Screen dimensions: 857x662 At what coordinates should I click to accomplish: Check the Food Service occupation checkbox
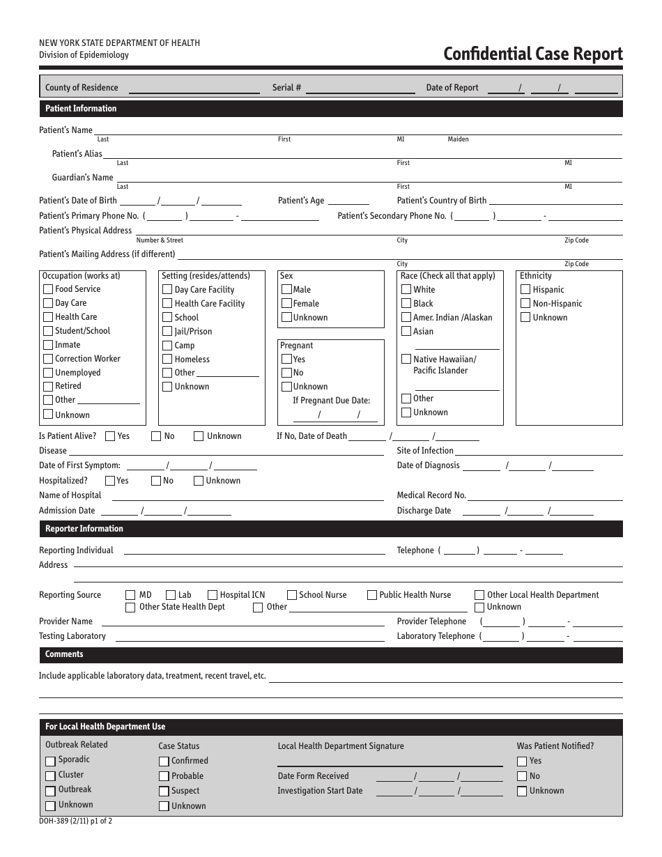(x=48, y=289)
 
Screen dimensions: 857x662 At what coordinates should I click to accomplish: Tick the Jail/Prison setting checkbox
(x=167, y=332)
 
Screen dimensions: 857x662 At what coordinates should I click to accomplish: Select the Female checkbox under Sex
(x=286, y=304)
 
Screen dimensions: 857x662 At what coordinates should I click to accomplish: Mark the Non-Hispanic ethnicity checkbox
(x=525, y=304)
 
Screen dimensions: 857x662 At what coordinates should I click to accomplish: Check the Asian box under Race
(x=406, y=332)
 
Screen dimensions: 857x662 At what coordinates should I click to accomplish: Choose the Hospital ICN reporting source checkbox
(x=213, y=595)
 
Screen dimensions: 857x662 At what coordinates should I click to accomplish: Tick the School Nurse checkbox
(x=291, y=595)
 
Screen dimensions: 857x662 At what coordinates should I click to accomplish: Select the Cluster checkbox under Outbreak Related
(x=50, y=775)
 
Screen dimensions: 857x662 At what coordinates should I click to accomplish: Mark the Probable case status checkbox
(x=164, y=776)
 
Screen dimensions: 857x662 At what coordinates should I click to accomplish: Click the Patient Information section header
(x=81, y=109)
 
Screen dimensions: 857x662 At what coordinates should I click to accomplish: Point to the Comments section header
(x=64, y=654)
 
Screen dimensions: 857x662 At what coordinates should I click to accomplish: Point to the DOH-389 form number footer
(x=75, y=821)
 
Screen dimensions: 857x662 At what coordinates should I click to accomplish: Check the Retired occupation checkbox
(x=48, y=387)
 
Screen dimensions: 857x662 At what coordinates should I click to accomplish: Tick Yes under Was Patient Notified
(x=522, y=762)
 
